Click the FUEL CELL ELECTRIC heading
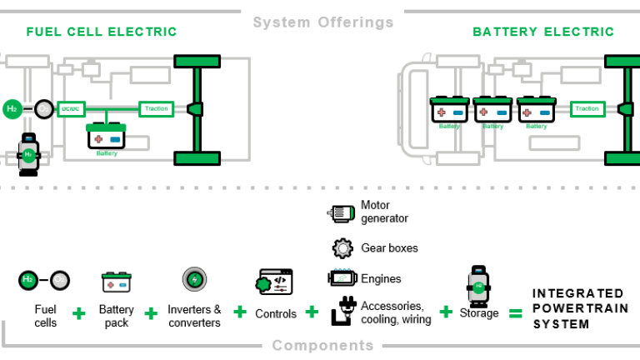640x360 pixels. (x=102, y=32)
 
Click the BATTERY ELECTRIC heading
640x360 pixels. (x=542, y=32)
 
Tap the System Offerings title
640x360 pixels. (x=323, y=22)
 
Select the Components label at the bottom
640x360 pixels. (x=322, y=345)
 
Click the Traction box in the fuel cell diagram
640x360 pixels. (x=156, y=108)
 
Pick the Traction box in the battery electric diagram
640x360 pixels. (x=587, y=108)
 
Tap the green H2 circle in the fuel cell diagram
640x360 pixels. (x=12, y=108)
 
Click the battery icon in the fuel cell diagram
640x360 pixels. (x=106, y=136)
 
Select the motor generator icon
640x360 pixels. (x=341, y=213)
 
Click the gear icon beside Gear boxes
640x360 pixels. (x=342, y=248)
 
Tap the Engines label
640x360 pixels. (x=381, y=279)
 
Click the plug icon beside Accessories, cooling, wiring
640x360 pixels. (x=342, y=310)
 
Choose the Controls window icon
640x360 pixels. (x=275, y=282)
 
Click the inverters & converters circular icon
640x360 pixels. (x=195, y=279)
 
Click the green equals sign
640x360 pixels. (x=515, y=313)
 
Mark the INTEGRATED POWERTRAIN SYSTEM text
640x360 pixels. (x=578, y=308)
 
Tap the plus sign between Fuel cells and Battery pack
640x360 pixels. (x=79, y=313)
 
